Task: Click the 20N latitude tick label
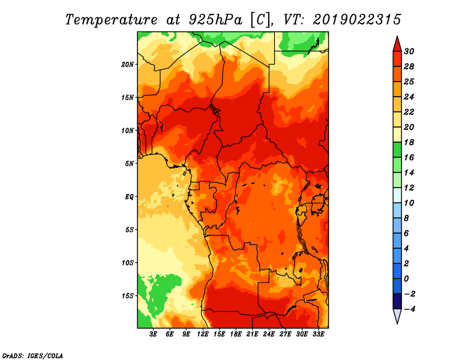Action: (x=128, y=65)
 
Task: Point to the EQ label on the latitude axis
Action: (x=129, y=197)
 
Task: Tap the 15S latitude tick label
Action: (x=128, y=296)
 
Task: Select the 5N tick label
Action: (x=129, y=164)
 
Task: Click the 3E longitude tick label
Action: (x=153, y=334)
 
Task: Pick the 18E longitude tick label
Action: (x=236, y=334)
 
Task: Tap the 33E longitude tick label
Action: (x=318, y=334)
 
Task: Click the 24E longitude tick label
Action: (x=269, y=334)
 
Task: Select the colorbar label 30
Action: (x=409, y=51)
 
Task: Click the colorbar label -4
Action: (x=409, y=309)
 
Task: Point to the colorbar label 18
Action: (x=409, y=142)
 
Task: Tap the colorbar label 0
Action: (x=406, y=279)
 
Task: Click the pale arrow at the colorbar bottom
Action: (x=397, y=316)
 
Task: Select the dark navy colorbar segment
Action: (x=397, y=301)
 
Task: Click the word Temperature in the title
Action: (x=111, y=20)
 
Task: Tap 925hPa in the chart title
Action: (x=216, y=20)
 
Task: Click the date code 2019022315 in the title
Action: (x=356, y=20)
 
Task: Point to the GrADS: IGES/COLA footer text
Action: (x=33, y=356)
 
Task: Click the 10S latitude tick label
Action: (x=128, y=263)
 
